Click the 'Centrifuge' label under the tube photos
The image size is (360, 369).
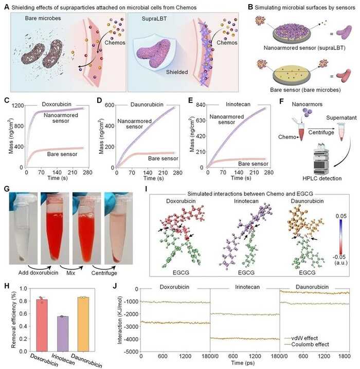pos(106,273)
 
